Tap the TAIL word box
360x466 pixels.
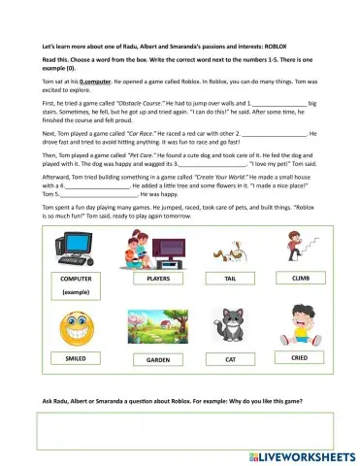pos(230,278)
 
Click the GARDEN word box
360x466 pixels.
pos(158,358)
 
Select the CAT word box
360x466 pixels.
pos(230,358)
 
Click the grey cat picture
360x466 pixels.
pos(230,326)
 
